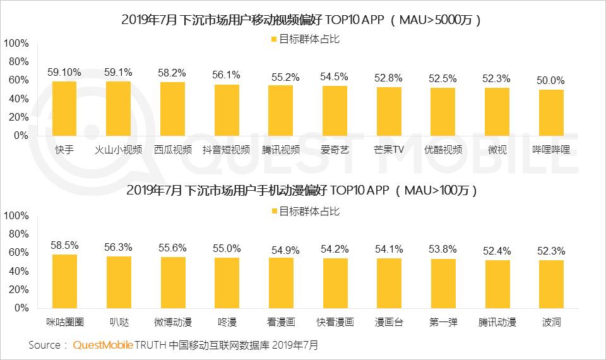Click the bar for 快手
pos(64,109)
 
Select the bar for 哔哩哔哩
pos(551,113)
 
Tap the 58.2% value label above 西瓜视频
pos(172,73)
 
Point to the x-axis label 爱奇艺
pos(335,150)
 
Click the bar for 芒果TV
pos(389,111)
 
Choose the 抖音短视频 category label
pos(227,150)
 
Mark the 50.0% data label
pos(550,80)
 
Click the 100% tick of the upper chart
pos(16,44)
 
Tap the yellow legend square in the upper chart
pos(274,39)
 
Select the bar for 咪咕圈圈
pos(64,282)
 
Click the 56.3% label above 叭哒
pos(118,247)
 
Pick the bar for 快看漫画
pos(335,284)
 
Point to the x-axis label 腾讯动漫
pos(497,322)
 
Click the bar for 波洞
pos(551,284)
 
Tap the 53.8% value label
pos(443,249)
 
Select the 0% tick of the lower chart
pos(21,308)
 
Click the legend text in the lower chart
pos(309,211)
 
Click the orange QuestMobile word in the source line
pos(103,345)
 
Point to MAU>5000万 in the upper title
pos(436,20)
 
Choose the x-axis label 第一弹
pos(443,322)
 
